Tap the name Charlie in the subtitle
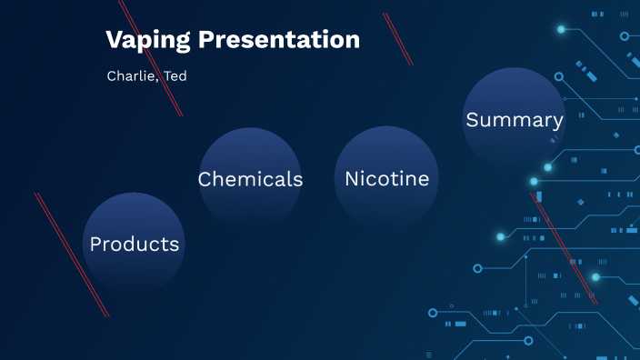coord(130,76)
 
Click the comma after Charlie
coord(156,80)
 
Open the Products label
coord(135,245)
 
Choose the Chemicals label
coord(250,179)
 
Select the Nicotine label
coord(386,179)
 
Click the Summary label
coord(515,120)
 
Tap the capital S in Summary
coord(473,120)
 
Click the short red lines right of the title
coord(398,39)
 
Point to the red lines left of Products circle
coord(72,255)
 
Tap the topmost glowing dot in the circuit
coord(561,29)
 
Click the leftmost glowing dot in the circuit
coord(500,237)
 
